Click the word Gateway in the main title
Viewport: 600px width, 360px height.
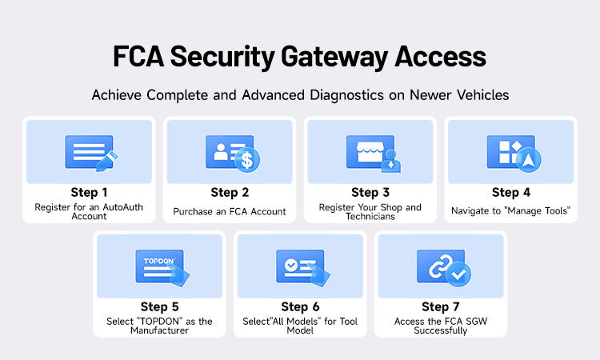tap(334, 57)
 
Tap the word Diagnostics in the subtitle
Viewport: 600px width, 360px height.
tap(346, 95)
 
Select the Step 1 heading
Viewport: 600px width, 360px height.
tap(89, 193)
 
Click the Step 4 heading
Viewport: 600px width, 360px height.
tap(511, 193)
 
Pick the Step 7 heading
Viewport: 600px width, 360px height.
tap(441, 307)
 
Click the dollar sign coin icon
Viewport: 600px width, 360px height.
tap(247, 160)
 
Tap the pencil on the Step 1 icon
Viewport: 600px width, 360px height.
tap(106, 161)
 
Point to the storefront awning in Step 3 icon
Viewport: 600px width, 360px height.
tap(370, 147)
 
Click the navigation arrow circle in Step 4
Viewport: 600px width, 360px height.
tap(529, 160)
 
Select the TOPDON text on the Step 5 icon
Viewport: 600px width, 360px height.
tap(159, 261)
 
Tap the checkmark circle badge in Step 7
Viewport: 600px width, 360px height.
tap(458, 274)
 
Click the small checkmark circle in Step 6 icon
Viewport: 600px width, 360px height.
tap(291, 264)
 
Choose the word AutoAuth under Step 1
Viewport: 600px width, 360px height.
tap(123, 207)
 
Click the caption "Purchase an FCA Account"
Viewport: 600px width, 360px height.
tap(230, 211)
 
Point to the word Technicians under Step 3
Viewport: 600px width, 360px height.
tap(370, 217)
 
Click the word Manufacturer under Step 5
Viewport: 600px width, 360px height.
tap(159, 330)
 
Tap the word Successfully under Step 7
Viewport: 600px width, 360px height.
tap(441, 331)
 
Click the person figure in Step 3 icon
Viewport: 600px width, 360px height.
tap(390, 161)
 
